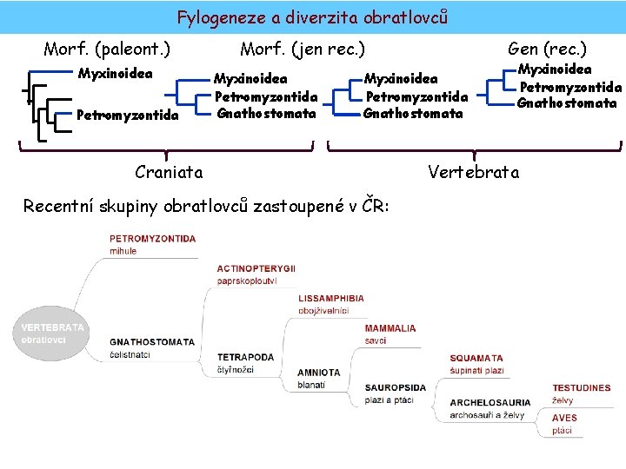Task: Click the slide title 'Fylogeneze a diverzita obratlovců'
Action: (312, 17)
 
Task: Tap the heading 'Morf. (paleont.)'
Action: (106, 49)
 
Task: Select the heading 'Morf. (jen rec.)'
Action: (302, 49)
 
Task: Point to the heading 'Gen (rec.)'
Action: (547, 49)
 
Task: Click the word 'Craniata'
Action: (169, 172)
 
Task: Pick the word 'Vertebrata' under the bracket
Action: (473, 172)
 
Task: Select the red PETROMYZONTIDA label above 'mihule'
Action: (152, 239)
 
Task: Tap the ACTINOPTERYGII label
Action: (256, 269)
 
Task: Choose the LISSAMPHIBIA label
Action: (331, 299)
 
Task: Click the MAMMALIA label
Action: (390, 329)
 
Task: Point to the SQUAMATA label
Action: (476, 358)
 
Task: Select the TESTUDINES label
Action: (582, 388)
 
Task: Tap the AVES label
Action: (564, 418)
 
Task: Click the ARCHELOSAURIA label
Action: (490, 403)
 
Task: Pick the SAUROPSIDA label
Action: (396, 387)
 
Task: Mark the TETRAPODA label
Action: (245, 357)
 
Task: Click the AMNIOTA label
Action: (318, 373)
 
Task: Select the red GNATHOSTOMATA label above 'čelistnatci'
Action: (152, 342)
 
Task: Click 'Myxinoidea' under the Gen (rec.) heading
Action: (555, 69)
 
